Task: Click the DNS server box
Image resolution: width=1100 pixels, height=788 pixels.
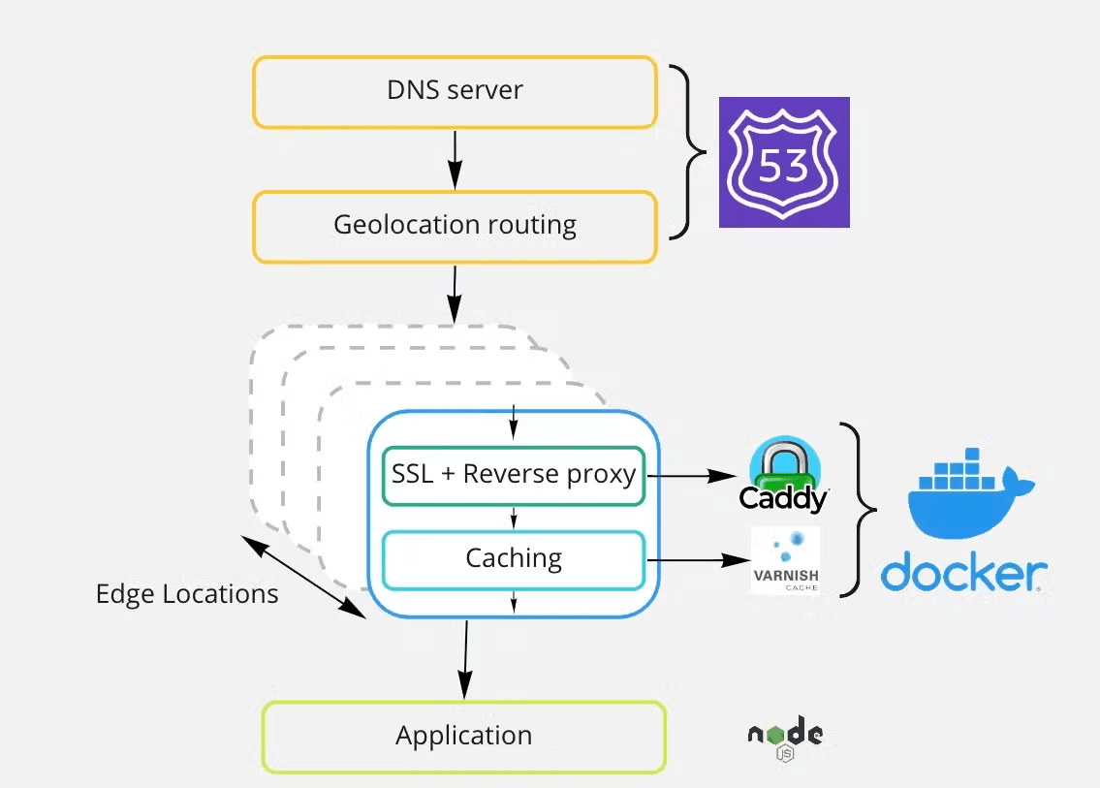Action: click(x=455, y=91)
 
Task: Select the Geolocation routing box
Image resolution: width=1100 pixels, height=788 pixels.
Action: click(x=455, y=226)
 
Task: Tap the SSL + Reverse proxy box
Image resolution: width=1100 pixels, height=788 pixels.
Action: click(x=514, y=475)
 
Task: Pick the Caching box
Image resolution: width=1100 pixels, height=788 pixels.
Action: click(x=514, y=559)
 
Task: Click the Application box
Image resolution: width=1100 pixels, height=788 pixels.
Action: click(x=463, y=737)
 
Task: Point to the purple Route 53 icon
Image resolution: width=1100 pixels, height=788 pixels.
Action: click(x=784, y=163)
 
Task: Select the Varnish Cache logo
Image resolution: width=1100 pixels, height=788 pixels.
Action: click(x=785, y=560)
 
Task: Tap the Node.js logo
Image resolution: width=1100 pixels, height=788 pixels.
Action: click(x=785, y=738)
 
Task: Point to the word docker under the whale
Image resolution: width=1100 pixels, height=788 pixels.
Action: click(x=962, y=574)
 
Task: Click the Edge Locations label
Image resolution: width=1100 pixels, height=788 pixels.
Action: click(x=187, y=594)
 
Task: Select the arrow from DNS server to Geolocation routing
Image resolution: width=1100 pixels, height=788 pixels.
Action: click(x=455, y=159)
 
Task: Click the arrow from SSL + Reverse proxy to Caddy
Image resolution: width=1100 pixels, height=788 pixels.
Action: click(x=693, y=476)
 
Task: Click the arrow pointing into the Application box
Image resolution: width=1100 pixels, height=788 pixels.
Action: click(x=466, y=659)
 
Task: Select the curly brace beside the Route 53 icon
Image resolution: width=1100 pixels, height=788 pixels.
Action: click(x=690, y=152)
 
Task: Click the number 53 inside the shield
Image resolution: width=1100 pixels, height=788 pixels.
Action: click(x=784, y=166)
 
